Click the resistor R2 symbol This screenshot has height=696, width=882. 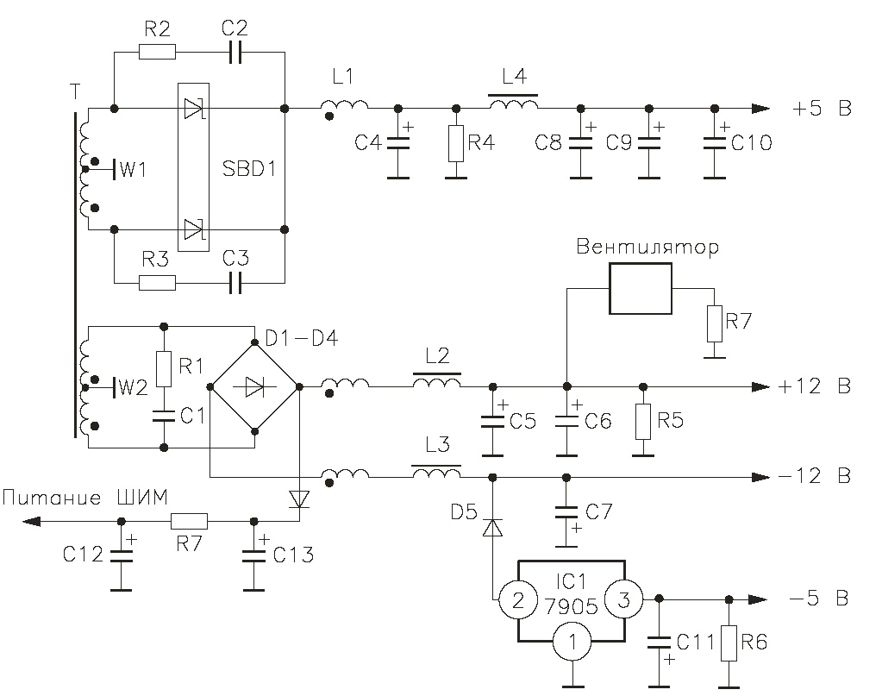[157, 53]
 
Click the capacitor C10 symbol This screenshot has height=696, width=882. [714, 143]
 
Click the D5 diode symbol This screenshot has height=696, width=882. [492, 526]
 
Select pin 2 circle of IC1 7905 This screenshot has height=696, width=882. [518, 600]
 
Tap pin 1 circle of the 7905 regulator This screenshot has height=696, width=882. [570, 643]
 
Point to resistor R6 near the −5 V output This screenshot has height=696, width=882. [729, 642]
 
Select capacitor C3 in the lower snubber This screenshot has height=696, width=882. [235, 282]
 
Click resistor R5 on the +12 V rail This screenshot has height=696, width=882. [641, 420]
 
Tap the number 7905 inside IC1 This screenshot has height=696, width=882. [571, 605]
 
